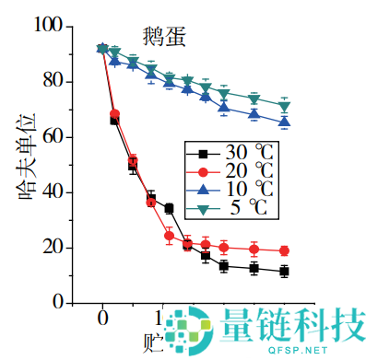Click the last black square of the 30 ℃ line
point(285,271)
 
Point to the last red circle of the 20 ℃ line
point(285,250)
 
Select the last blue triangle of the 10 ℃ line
point(285,122)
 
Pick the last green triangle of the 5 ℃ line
point(285,106)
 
